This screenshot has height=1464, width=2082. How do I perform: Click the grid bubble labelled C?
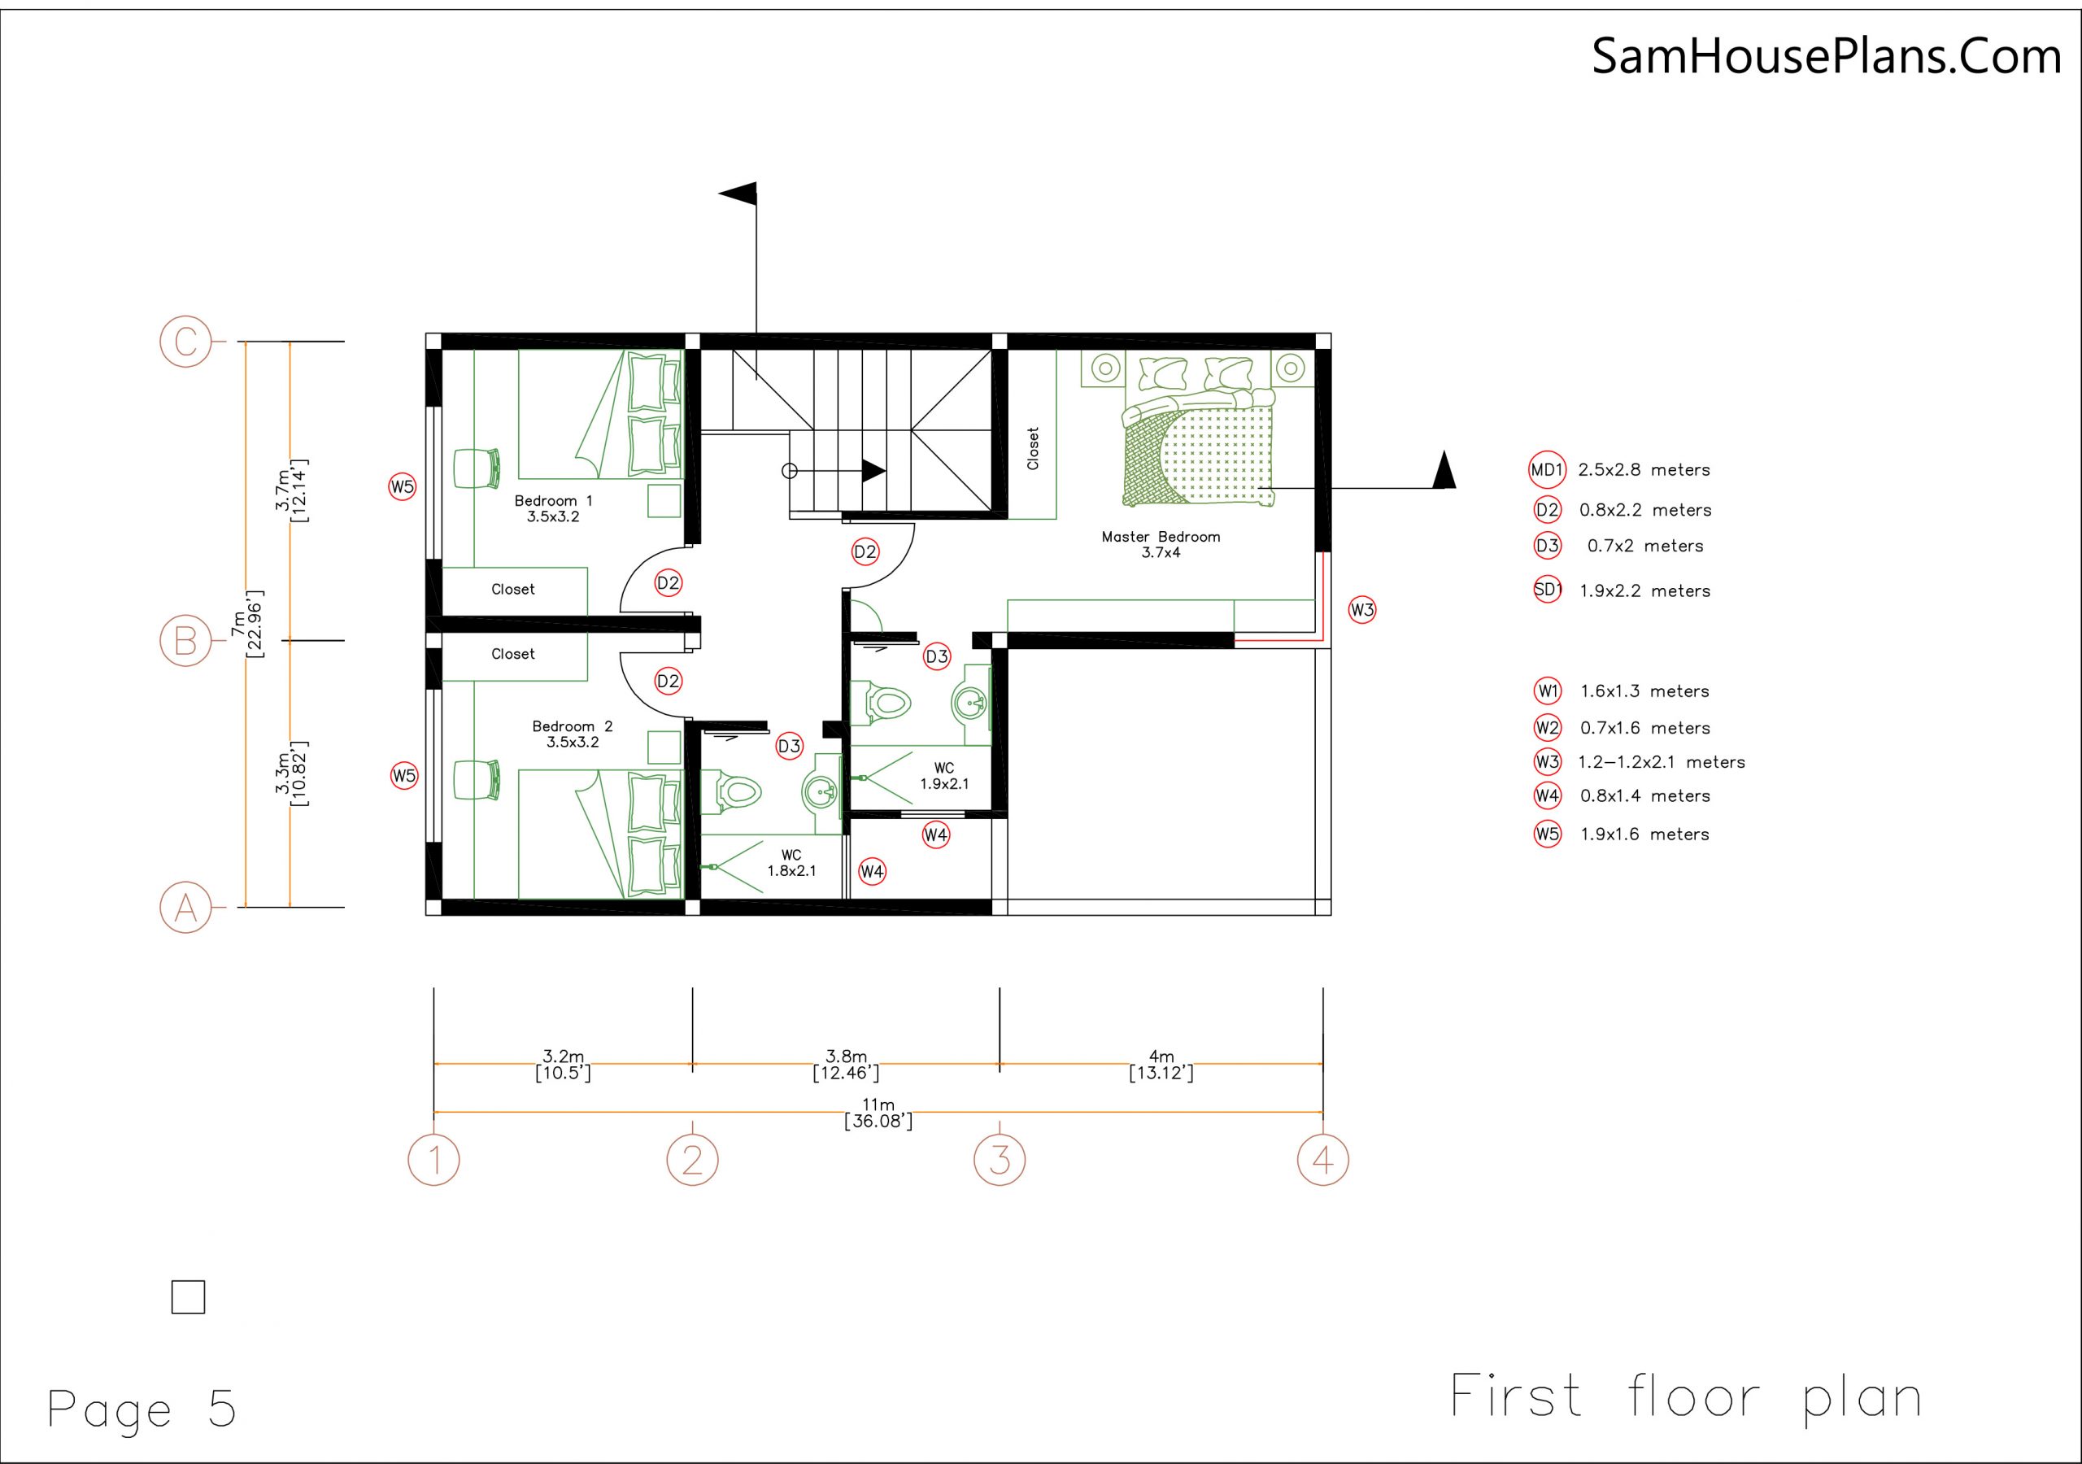tap(186, 342)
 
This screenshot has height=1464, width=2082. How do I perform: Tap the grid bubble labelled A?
tap(186, 907)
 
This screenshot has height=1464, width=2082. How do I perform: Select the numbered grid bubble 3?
tap(1000, 1159)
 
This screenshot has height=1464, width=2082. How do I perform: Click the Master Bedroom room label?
tap(1161, 544)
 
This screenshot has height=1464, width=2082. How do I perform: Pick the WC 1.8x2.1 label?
tap(791, 863)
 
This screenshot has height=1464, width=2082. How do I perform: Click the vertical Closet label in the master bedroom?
tap(1032, 448)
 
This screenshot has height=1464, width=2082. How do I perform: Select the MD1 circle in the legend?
tap(1547, 470)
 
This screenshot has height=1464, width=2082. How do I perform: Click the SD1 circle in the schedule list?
tap(1547, 590)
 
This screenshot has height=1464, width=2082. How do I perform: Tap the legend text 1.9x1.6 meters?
tap(1644, 834)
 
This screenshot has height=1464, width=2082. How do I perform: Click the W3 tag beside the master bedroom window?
tap(1362, 609)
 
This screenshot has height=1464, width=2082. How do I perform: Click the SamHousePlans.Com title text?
tap(1827, 56)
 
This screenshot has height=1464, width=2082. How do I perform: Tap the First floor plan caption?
tap(1686, 1396)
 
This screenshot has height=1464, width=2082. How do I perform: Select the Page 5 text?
tap(142, 1409)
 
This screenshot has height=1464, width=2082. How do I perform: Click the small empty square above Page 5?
tap(188, 1297)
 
